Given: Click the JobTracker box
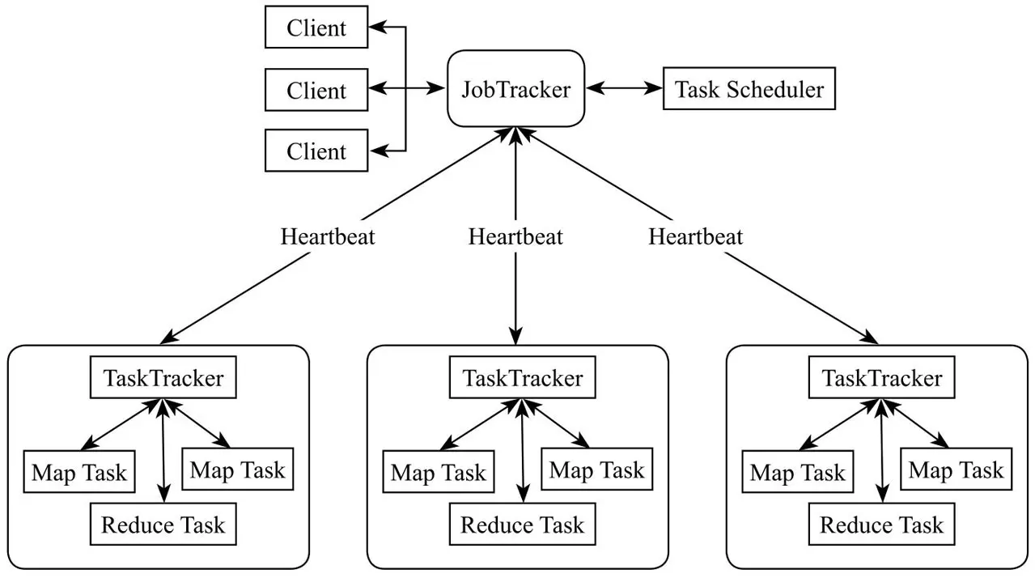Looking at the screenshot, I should point(515,88).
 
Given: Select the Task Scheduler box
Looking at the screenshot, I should point(749,88).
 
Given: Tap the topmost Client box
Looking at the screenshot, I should point(316,28).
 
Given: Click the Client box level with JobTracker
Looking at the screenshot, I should point(316,90).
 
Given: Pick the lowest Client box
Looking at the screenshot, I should point(316,151).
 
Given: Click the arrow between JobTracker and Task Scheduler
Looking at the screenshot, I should point(625,88).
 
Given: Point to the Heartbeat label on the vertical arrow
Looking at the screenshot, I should point(515,237).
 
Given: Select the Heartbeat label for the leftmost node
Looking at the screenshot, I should point(328,237).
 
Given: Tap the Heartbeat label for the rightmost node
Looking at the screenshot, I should point(695,237).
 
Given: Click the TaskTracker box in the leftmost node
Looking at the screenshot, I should point(163,378).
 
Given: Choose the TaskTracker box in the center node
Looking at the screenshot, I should point(523,378).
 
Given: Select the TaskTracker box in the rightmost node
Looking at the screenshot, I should point(882,378).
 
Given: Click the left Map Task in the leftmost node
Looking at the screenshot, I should point(79,472).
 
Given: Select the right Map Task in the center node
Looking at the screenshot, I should point(597,470).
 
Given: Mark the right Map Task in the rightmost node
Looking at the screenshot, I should point(957,470).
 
